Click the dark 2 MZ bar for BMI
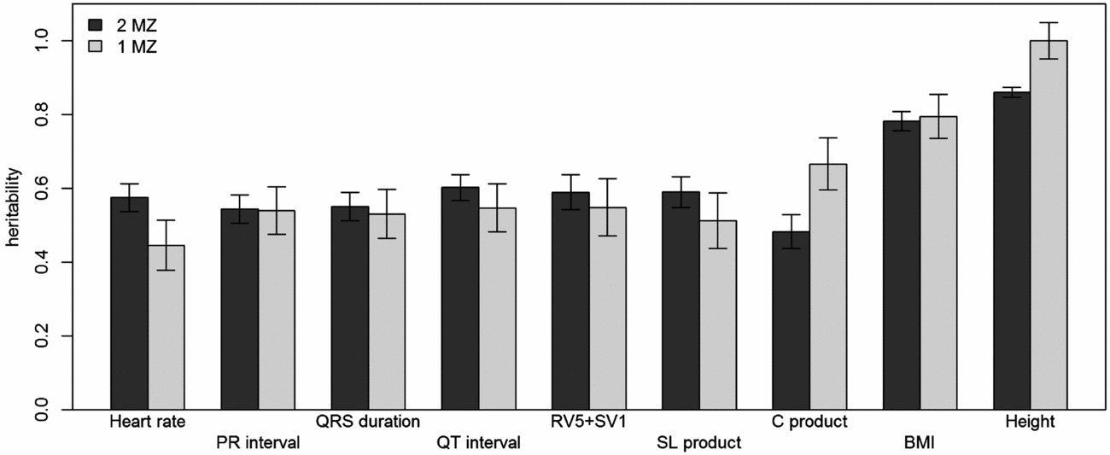coord(902,265)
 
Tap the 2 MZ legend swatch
coord(95,26)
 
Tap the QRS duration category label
coord(368,422)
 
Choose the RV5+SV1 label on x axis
coord(589,422)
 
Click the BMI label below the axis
coord(920,443)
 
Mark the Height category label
coord(1030,422)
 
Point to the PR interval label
coord(258,443)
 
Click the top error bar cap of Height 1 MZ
coord(1049,23)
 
